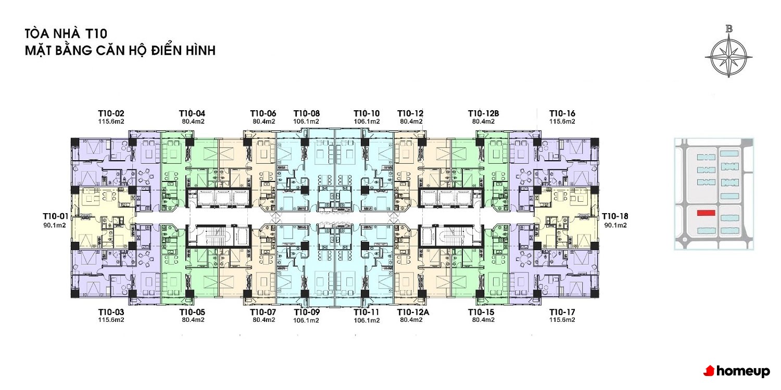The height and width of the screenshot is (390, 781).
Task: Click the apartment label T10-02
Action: tap(111, 113)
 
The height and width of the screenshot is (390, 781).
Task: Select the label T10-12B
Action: tap(483, 113)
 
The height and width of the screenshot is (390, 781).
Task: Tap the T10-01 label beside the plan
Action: tap(55, 216)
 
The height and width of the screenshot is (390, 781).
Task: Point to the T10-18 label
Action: tap(615, 216)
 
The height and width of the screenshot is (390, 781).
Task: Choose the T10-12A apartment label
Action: tap(413, 312)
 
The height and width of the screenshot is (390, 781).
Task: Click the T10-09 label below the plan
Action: tap(307, 312)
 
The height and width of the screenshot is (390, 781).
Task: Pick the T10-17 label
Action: tap(562, 312)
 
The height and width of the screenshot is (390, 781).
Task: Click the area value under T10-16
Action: tap(562, 122)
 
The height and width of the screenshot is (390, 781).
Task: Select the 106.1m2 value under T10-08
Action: tap(306, 122)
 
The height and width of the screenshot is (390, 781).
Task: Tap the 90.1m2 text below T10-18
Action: tap(615, 225)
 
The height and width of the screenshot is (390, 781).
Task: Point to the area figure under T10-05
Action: tap(193, 320)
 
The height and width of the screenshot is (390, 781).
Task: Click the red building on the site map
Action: tap(706, 213)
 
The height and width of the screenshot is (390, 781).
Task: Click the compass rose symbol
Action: tap(729, 57)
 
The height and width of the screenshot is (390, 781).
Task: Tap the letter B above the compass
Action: tap(729, 29)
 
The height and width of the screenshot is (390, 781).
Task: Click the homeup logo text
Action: tap(743, 371)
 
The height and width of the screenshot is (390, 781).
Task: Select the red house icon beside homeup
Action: tap(709, 371)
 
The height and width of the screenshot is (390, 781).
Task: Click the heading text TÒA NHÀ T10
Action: tap(66, 34)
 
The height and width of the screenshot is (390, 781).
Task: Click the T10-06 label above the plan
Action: tap(263, 113)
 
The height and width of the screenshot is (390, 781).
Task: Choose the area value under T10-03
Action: tap(111, 320)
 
